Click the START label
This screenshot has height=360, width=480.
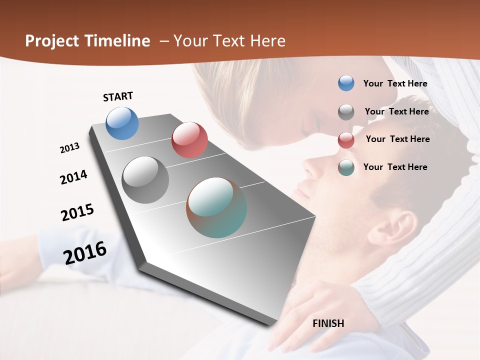tap(118, 96)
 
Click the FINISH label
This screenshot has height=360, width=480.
tap(328, 323)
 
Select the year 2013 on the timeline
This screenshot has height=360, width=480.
tap(70, 148)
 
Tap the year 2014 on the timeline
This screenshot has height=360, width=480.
tap(73, 177)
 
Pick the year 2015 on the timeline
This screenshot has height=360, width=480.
tap(77, 212)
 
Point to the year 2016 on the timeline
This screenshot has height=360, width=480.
tap(85, 252)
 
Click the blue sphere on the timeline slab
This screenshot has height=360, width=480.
tap(122, 123)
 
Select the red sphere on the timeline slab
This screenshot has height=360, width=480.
tap(189, 140)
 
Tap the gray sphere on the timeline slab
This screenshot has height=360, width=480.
tap(145, 180)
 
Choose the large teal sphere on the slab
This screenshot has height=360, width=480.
tap(216, 207)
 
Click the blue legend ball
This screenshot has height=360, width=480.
tap(346, 83)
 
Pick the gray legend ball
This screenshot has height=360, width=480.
tap(346, 111)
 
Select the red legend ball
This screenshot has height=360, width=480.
tap(346, 139)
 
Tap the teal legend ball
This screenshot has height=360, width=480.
tap(346, 167)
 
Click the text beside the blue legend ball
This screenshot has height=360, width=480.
tap(395, 83)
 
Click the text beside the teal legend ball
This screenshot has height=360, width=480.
tap(395, 167)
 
